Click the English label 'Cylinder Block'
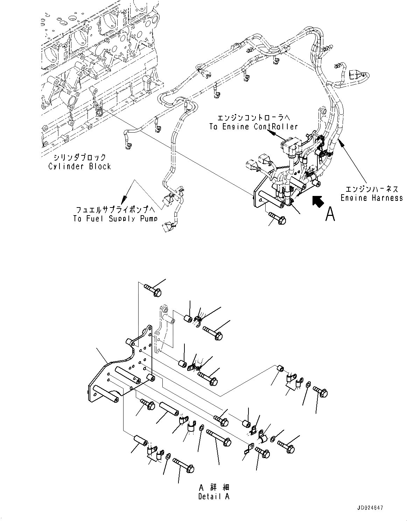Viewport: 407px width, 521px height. (79, 167)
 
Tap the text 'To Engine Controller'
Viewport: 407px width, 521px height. (253, 127)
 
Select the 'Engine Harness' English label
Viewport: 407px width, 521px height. (372, 198)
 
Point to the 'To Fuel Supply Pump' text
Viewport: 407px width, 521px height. (115, 219)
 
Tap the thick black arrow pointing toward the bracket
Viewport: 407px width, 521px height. (317, 202)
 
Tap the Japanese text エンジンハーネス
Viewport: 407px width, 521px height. (372, 189)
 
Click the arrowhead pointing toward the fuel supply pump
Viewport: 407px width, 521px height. (124, 200)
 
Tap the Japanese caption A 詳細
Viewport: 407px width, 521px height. (215, 487)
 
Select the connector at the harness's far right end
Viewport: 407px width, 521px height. (356, 75)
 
